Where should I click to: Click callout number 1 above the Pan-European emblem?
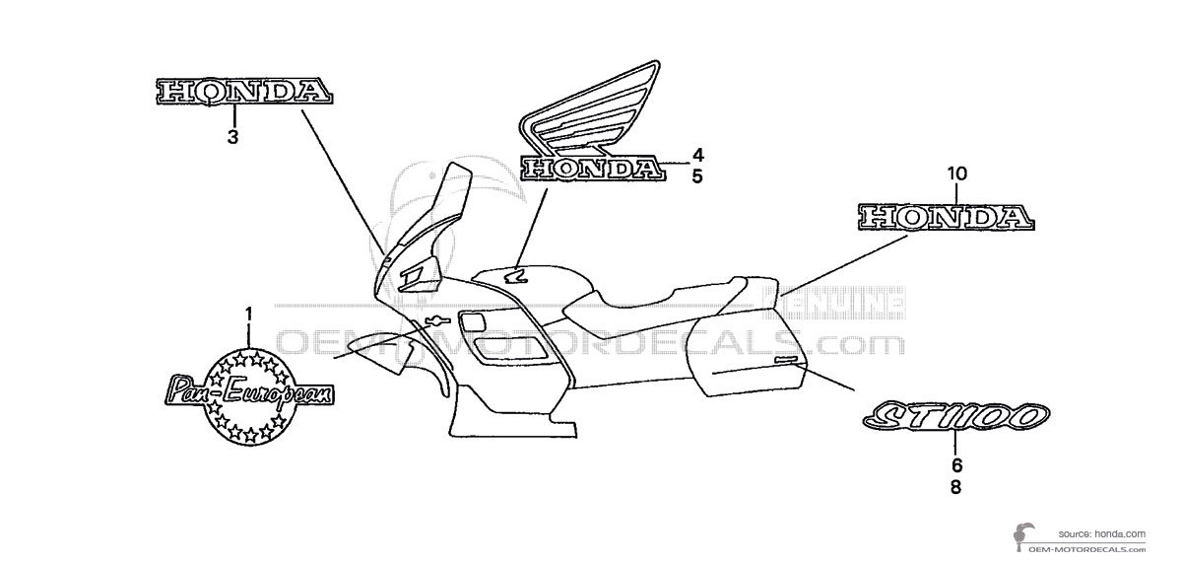tap(248, 315)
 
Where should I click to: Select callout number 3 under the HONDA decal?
tap(233, 138)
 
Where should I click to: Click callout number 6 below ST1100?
tap(956, 465)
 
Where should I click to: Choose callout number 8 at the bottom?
tap(956, 486)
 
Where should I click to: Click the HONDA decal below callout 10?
tap(947, 216)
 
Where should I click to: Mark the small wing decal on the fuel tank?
tap(514, 277)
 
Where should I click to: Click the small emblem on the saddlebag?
tap(785, 362)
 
